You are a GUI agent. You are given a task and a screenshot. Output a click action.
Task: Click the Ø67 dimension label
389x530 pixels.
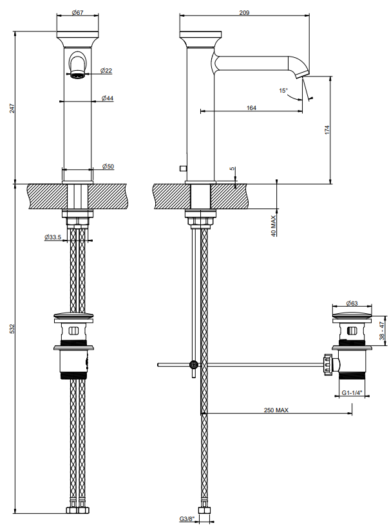tap(77, 12)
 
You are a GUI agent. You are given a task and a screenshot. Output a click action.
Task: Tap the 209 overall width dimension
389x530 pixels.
tap(244, 12)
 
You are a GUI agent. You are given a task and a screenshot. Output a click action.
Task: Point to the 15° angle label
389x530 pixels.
tap(283, 91)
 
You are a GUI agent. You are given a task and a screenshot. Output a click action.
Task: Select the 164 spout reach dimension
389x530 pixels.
tap(251, 108)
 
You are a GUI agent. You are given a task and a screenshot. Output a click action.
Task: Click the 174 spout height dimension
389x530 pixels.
tap(327, 130)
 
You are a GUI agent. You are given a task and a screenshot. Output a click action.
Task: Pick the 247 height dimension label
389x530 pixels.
tap(12, 108)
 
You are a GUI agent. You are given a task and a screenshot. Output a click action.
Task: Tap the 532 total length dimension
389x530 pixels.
tap(12, 329)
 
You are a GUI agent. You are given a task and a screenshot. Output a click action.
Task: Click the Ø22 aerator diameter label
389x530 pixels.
tap(106, 71)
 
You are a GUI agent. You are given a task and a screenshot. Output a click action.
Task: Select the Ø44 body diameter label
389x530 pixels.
tap(108, 98)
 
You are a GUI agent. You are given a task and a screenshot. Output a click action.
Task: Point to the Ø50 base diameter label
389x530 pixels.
tap(108, 167)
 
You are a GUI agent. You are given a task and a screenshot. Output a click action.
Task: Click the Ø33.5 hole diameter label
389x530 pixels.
tap(53, 237)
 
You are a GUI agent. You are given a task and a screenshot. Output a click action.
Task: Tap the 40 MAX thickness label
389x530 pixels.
tap(274, 226)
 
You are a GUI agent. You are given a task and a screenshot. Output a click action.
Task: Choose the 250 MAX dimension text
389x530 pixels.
tap(276, 410)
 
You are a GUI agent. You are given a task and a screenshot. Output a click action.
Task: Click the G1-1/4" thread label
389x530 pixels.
tap(352, 392)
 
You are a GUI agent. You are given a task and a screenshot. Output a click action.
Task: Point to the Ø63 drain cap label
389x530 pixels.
tap(352, 303)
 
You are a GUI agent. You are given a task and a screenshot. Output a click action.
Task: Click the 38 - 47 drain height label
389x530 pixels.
tap(381, 331)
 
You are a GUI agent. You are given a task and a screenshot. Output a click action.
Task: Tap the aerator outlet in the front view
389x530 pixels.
tap(77, 75)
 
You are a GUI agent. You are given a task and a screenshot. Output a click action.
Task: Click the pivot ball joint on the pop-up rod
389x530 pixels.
tap(194, 364)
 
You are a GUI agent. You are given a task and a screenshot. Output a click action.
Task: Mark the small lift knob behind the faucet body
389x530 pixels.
tap(183, 168)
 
